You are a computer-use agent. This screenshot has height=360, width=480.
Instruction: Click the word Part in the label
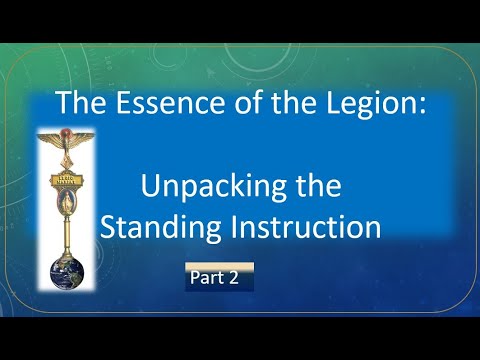point(206,279)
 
